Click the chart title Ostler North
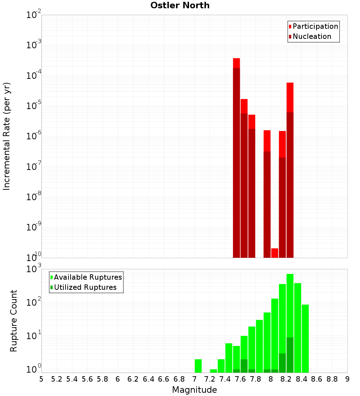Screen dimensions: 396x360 point(180,5)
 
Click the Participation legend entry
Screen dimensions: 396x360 point(313,26)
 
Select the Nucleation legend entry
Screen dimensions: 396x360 point(310,36)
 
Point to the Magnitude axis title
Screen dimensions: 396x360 point(194,390)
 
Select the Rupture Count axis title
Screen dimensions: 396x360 point(14,320)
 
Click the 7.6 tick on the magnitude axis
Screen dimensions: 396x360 point(240,379)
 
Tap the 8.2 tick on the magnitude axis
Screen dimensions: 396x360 point(286,379)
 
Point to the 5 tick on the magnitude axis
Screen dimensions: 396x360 point(41,379)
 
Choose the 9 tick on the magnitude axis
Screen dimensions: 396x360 point(347,379)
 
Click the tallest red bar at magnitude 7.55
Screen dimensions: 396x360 point(237,158)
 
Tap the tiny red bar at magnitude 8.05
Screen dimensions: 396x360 point(275,253)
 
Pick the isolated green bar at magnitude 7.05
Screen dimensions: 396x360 point(198,366)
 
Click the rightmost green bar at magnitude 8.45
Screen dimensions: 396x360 point(305,338)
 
